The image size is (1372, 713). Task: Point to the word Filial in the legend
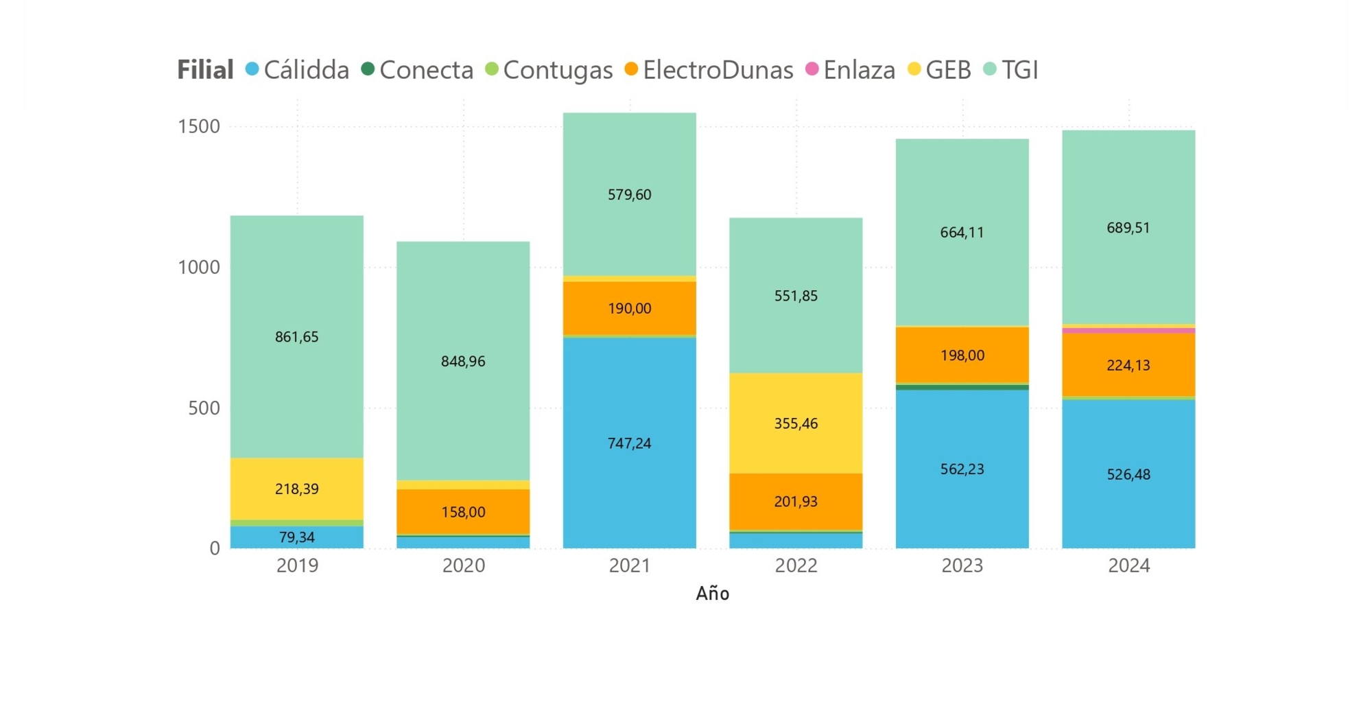pos(205,70)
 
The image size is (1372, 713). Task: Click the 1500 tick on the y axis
pos(199,126)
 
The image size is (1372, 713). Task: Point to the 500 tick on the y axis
pos(204,408)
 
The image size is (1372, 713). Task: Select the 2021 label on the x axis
pos(629,565)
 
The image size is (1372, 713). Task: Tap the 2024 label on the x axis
pos(1128,565)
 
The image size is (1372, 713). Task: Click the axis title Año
pos(712,594)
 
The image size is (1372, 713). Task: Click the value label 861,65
pos(296,337)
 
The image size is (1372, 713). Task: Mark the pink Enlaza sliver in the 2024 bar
pos(1128,331)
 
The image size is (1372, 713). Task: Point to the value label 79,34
pos(296,537)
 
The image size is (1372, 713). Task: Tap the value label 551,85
pos(796,296)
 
